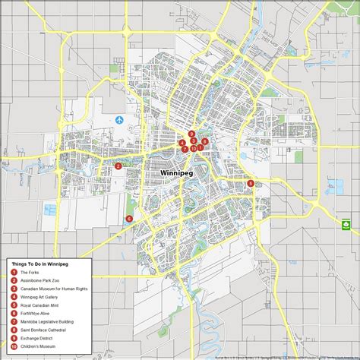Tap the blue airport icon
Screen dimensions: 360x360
point(119,119)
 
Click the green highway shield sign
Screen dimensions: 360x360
point(346,223)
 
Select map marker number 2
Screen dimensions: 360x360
point(118,166)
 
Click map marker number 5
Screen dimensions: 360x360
point(251,183)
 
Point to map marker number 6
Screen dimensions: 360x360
point(129,219)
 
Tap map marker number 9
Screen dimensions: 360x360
point(191,134)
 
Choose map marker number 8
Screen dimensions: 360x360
point(205,142)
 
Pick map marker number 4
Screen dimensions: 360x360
point(182,143)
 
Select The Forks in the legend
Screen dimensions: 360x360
point(30,272)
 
